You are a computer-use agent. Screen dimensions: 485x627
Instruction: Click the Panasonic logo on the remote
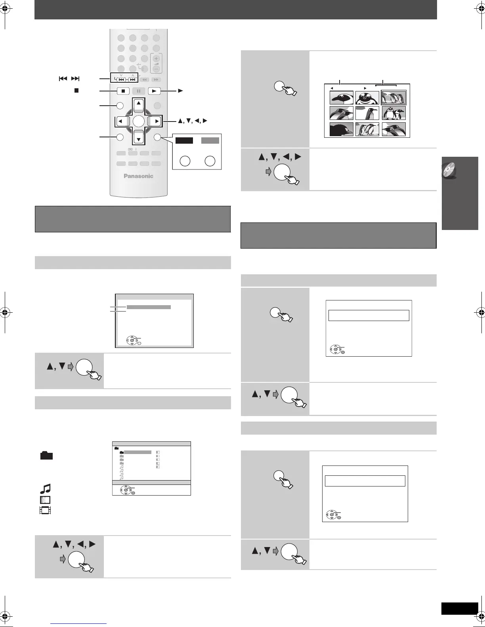[x=138, y=176]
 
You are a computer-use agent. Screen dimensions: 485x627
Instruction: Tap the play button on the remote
[x=155, y=91]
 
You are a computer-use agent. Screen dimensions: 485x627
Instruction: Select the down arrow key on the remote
[x=138, y=137]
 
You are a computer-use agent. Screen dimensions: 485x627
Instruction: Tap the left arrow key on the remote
[x=121, y=121]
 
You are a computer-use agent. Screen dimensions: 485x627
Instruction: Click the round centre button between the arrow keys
[x=138, y=121]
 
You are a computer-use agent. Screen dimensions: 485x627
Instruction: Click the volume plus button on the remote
[x=156, y=59]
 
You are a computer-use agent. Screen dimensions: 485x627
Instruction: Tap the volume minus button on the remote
[x=156, y=68]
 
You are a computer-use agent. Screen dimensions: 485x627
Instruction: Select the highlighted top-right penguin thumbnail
[x=393, y=97]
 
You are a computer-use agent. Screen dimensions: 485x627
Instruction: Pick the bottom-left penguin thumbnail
[x=342, y=129]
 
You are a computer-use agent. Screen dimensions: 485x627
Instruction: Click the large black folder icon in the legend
[x=46, y=456]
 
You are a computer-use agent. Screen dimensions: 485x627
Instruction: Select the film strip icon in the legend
[x=45, y=510]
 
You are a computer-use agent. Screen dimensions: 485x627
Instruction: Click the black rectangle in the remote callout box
[x=184, y=141]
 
